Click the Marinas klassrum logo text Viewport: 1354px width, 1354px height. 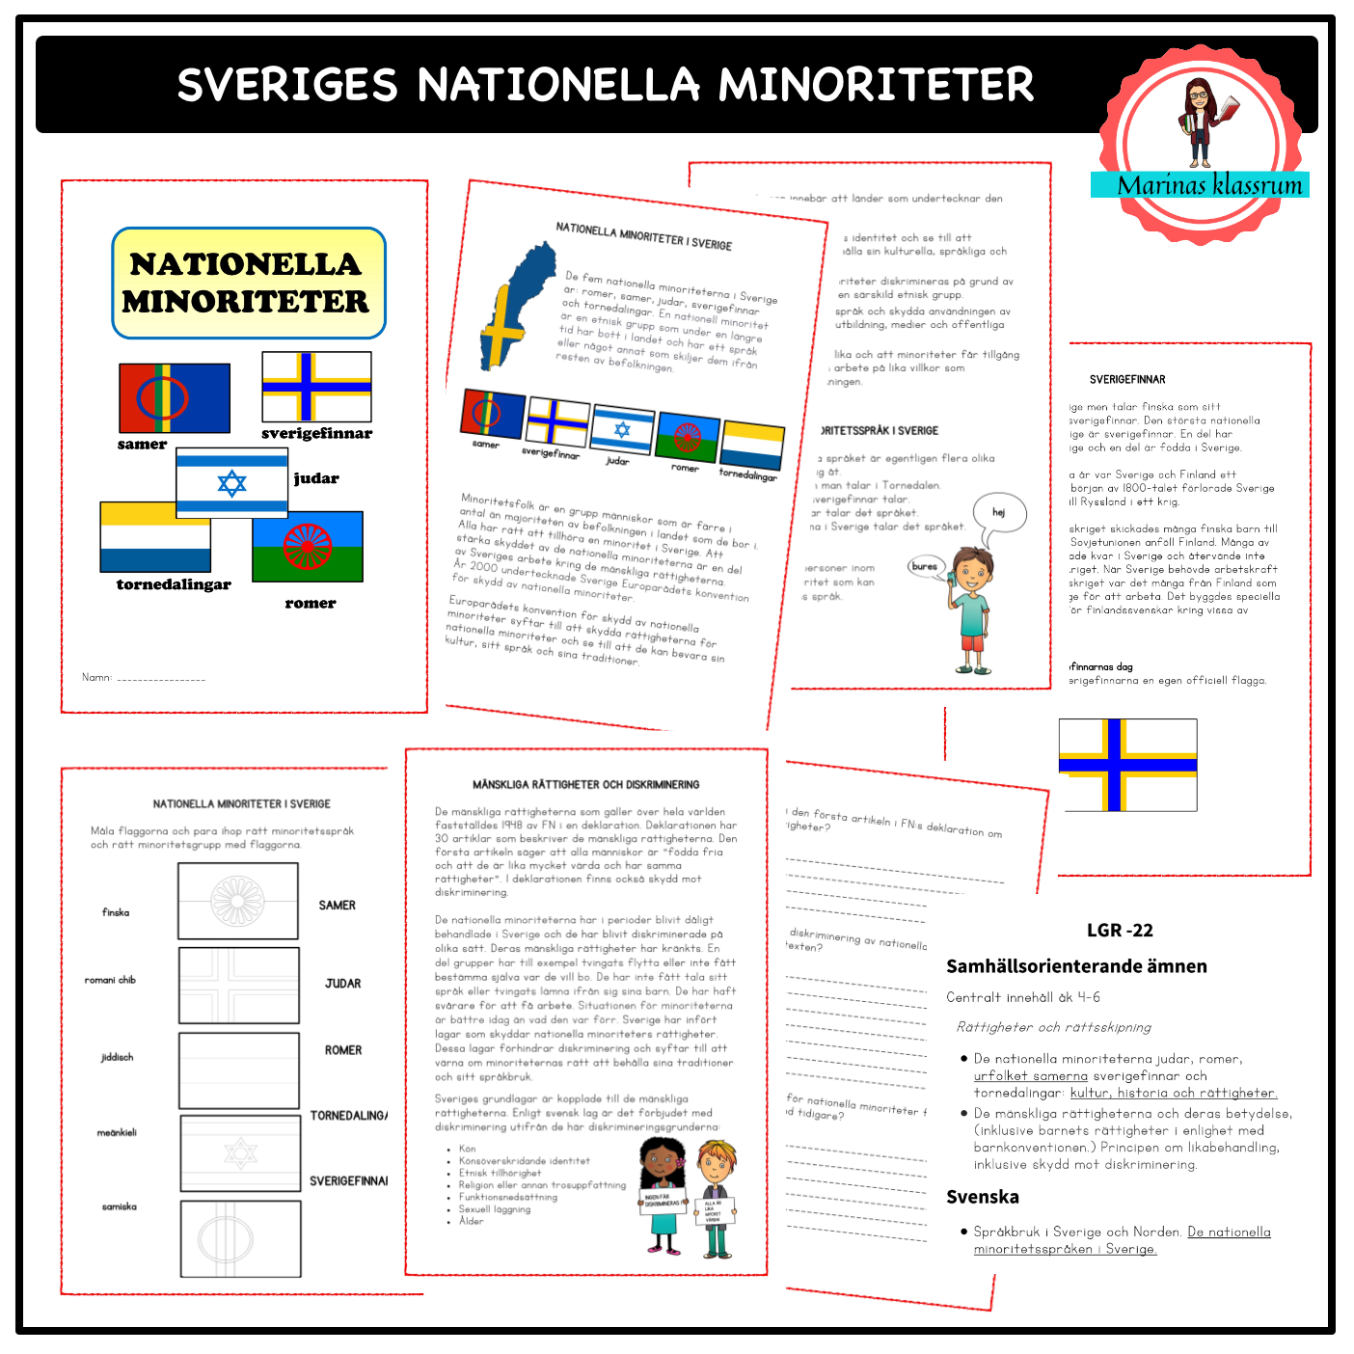point(1209,185)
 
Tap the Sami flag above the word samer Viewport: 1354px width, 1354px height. point(174,397)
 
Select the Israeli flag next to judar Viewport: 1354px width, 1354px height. point(231,482)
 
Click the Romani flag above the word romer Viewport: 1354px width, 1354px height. point(308,546)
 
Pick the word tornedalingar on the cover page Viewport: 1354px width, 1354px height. point(174,584)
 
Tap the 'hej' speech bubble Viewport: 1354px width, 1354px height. point(998,512)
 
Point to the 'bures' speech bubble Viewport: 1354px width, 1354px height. point(924,566)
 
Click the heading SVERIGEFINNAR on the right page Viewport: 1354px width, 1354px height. point(1127,380)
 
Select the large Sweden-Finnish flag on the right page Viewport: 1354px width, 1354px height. point(1127,765)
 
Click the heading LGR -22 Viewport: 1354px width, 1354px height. point(1120,931)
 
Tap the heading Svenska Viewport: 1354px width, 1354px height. point(983,1197)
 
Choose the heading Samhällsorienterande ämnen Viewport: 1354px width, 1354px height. point(1076,966)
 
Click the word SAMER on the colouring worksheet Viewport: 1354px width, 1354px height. point(338,906)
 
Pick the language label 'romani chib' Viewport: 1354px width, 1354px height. point(110,980)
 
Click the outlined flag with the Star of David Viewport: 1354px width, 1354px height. point(240,1152)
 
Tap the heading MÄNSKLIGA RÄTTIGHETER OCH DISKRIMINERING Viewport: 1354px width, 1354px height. point(585,785)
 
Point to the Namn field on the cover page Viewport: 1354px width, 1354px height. point(144,678)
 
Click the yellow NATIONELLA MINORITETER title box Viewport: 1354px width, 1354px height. point(249,284)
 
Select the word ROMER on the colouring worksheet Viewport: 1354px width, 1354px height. point(343,1050)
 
